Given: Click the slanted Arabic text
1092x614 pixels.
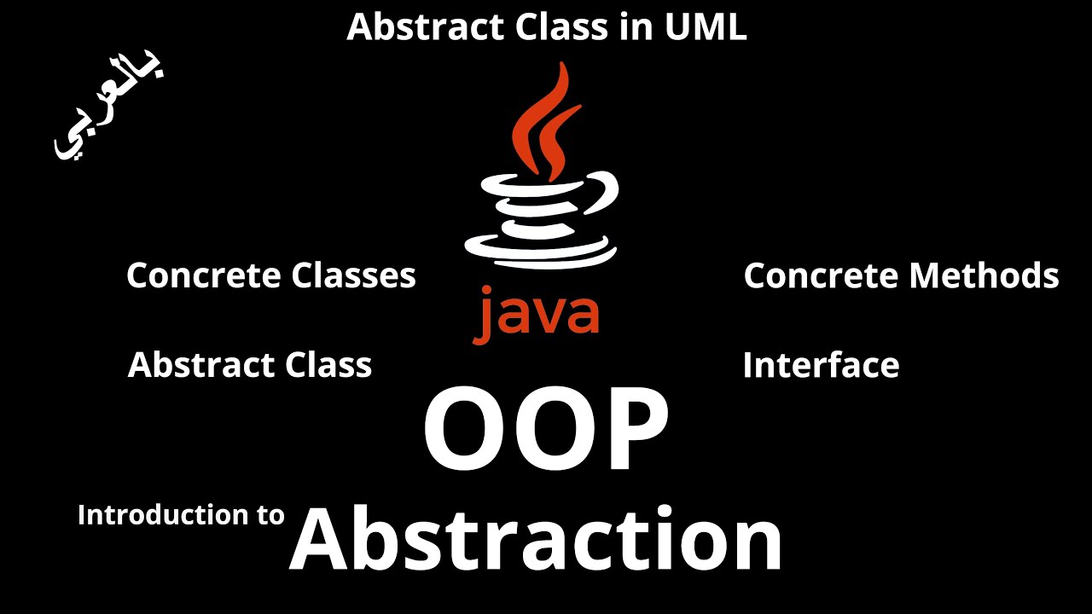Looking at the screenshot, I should pyautogui.click(x=109, y=109).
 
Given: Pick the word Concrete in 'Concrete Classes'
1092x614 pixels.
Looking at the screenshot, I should pyautogui.click(x=204, y=275).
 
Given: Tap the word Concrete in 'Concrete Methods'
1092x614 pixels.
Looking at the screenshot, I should pyautogui.click(x=821, y=275).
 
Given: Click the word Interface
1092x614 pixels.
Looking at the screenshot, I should pyautogui.click(x=821, y=365).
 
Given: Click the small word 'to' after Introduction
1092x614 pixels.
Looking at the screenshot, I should pyautogui.click(x=270, y=516).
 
